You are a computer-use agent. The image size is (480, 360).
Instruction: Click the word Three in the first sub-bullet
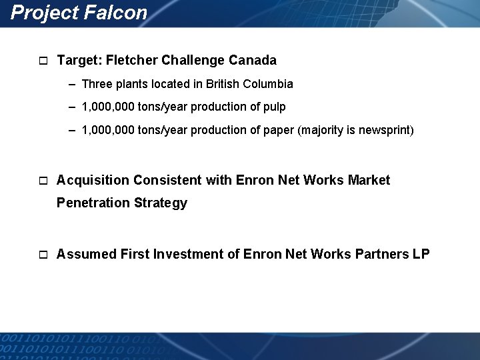click(x=97, y=84)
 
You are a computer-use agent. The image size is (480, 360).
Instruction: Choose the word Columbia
click(x=269, y=84)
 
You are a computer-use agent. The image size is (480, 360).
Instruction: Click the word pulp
click(x=275, y=107)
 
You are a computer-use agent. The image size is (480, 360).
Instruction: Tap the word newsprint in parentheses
click(x=385, y=130)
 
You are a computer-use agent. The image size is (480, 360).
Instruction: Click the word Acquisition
click(x=93, y=180)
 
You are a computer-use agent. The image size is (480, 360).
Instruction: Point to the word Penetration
click(x=93, y=203)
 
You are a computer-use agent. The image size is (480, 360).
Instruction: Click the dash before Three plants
click(x=71, y=84)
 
